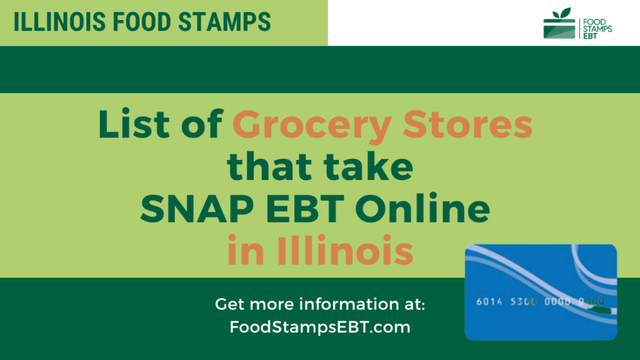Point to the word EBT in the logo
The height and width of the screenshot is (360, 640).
tap(591, 38)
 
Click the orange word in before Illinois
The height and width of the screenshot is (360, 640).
tap(244, 251)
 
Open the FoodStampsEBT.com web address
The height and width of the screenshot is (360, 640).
tap(320, 326)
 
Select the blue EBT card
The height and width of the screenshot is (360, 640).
tap(541, 292)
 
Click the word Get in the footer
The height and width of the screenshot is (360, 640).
tap(229, 305)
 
